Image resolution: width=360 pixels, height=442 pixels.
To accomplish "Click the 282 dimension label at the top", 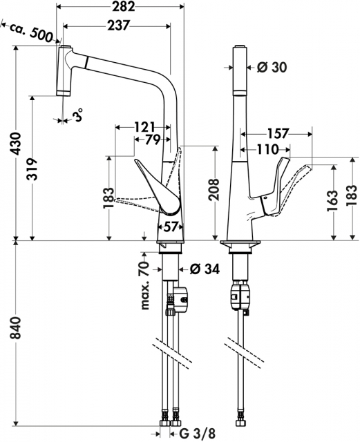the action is tap(123, 6).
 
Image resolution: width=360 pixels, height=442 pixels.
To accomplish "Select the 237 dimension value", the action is tap(118, 26).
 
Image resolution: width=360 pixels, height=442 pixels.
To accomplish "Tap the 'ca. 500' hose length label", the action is tap(31, 32).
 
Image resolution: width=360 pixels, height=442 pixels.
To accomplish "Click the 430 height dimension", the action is tap(16, 144).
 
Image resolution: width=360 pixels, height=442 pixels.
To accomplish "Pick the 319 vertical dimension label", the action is tap(32, 169).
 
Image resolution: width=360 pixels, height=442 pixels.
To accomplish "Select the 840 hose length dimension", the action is tap(16, 328).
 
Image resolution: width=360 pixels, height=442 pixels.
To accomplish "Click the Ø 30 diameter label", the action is tap(272, 67).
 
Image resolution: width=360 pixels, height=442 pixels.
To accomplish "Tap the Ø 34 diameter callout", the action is tap(205, 269).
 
